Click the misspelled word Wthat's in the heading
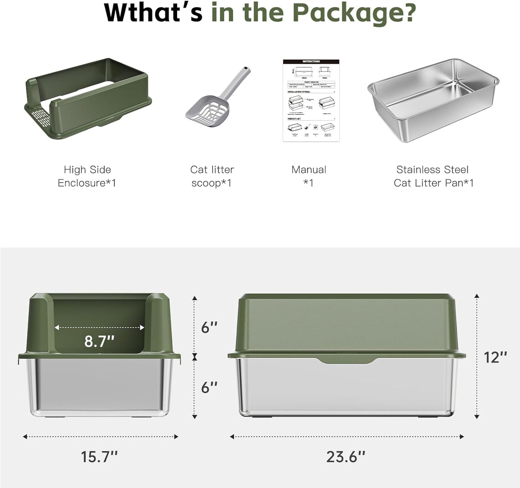click(x=153, y=13)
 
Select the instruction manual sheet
click(x=311, y=100)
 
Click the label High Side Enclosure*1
click(x=87, y=176)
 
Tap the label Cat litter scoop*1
click(x=212, y=176)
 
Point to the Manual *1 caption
click(x=309, y=176)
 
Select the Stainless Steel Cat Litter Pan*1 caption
click(x=433, y=176)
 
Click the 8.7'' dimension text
click(x=99, y=341)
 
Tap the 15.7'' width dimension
click(x=99, y=457)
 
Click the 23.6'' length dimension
click(x=346, y=457)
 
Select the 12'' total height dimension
click(x=495, y=357)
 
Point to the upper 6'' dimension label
click(x=209, y=327)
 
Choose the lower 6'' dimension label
click(x=209, y=387)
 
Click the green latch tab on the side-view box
click(x=348, y=360)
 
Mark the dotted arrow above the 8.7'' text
click(x=99, y=327)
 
